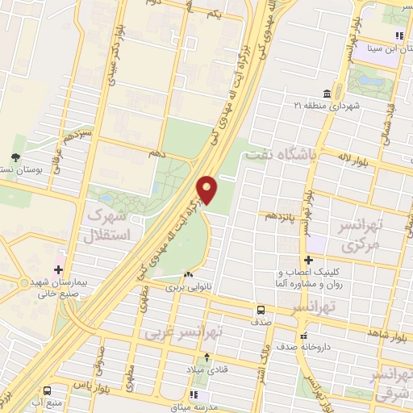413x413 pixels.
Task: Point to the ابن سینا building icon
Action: point(398,36)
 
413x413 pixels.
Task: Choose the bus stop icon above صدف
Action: point(261,309)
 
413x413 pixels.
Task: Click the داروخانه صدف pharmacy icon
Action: point(303,335)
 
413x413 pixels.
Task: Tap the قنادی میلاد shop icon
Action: point(206,357)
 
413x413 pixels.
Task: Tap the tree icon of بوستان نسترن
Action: point(16,157)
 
